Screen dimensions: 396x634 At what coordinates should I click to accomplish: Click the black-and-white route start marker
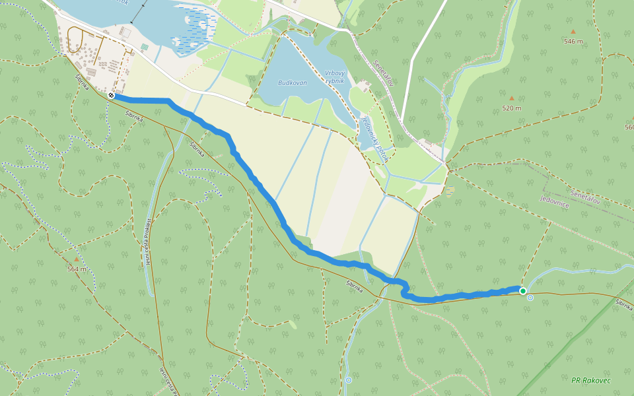(112, 96)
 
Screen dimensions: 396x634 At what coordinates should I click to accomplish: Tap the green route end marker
(523, 291)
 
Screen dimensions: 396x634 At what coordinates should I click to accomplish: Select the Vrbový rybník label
(335, 76)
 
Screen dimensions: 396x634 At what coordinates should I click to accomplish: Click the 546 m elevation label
(573, 42)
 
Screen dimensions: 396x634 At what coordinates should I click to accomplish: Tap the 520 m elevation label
(511, 108)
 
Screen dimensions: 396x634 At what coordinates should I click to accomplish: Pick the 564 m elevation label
(77, 269)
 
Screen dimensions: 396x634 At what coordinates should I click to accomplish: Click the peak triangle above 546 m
(573, 31)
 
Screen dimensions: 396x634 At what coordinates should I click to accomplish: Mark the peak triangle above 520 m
(511, 98)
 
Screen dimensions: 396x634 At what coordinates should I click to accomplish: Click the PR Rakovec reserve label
(591, 380)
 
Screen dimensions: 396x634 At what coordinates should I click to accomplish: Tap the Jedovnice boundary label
(555, 201)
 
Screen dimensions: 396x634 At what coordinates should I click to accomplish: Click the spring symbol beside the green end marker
(530, 298)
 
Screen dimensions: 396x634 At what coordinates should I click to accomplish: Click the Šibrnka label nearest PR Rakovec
(624, 304)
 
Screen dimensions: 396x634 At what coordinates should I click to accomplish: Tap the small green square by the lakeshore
(144, 47)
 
